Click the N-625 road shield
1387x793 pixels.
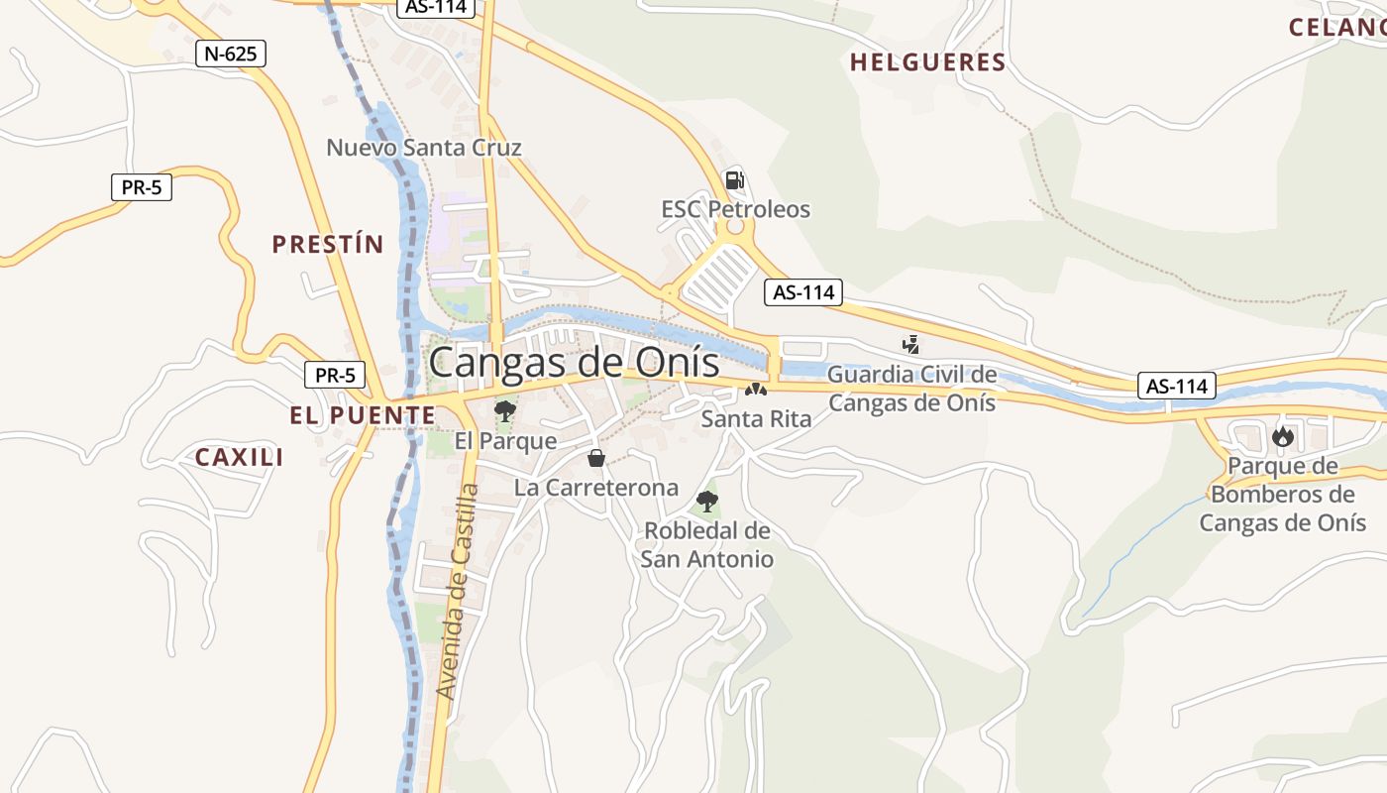[232, 54]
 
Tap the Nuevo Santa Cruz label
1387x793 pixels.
[424, 148]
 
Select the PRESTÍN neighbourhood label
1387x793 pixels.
[328, 244]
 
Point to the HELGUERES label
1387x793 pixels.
[927, 62]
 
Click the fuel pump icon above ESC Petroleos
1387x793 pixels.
[734, 180]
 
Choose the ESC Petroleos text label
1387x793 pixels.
[735, 209]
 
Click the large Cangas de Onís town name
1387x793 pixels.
[574, 362]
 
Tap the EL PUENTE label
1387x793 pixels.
[363, 415]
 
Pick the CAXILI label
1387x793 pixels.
[239, 457]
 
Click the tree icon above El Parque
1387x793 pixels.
[505, 410]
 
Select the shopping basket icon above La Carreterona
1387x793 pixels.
[596, 458]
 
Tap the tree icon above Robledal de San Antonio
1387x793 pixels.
[706, 501]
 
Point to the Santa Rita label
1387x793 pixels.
[756, 418]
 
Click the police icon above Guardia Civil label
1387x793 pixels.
[910, 345]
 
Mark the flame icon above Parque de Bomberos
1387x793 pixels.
[1282, 436]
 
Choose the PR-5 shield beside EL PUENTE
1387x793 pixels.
[334, 375]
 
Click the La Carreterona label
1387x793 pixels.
[595, 487]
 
